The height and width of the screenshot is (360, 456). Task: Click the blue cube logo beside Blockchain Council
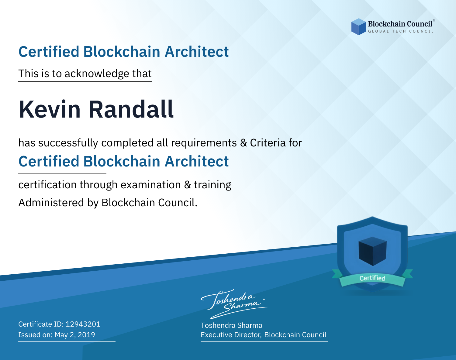pyautogui.click(x=358, y=27)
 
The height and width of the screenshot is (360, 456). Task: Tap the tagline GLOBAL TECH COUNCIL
pyautogui.click(x=401, y=31)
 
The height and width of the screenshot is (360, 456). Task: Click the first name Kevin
pyautogui.click(x=50, y=109)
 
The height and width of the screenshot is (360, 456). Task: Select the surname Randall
pyautogui.click(x=131, y=109)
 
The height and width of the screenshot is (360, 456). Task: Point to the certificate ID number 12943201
pyautogui.click(x=83, y=324)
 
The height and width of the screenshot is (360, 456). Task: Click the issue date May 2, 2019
pyautogui.click(x=75, y=335)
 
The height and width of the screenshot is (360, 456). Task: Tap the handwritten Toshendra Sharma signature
pyautogui.click(x=234, y=304)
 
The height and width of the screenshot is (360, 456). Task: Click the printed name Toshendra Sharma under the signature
pyautogui.click(x=231, y=325)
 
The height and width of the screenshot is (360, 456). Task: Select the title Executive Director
pyautogui.click(x=231, y=335)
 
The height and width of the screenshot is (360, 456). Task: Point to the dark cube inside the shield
pyautogui.click(x=372, y=251)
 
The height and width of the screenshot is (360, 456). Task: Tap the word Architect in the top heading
pyautogui.click(x=197, y=52)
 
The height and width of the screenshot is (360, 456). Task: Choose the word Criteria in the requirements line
pyautogui.click(x=268, y=143)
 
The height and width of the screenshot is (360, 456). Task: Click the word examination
pyautogui.click(x=151, y=185)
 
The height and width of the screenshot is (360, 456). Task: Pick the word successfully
pyautogui.click(x=68, y=143)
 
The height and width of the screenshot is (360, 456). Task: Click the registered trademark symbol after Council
pyautogui.click(x=434, y=20)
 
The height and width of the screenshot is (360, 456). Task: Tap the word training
pyautogui.click(x=212, y=185)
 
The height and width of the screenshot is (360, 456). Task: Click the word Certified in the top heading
pyautogui.click(x=49, y=52)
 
